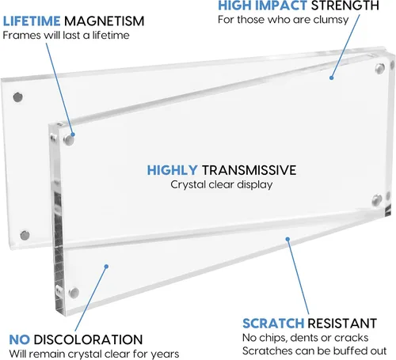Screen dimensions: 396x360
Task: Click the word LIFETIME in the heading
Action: [32, 21]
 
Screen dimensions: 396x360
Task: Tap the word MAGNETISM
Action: [105, 21]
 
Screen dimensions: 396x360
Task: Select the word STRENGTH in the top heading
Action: [345, 6]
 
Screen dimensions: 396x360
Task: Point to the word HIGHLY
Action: [172, 170]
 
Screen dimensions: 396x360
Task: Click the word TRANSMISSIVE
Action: [249, 170]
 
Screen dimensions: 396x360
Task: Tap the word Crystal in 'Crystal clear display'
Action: [188, 185]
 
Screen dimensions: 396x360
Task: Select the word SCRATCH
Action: [273, 324]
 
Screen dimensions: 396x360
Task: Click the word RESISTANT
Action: [342, 324]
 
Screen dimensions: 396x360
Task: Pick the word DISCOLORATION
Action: [88, 339]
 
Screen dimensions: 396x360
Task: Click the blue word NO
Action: [19, 339]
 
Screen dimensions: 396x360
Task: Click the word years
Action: [166, 354]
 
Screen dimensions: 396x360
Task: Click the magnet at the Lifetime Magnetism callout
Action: [68, 140]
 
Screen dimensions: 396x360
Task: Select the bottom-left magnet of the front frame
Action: [74, 293]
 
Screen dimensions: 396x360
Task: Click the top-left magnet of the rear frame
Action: [17, 97]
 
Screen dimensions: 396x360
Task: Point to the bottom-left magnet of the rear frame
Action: [25, 235]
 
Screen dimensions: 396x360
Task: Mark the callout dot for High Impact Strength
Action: [331, 78]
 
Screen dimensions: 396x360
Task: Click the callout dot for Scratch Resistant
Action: [287, 239]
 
